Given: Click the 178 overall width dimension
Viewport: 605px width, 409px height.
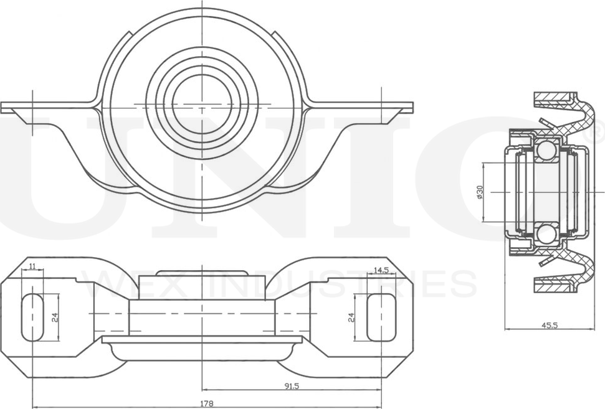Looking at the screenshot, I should pos(204,403).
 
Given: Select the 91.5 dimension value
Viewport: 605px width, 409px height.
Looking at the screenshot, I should pos(292,386).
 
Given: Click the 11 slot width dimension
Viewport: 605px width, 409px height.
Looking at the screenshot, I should pos(33,266).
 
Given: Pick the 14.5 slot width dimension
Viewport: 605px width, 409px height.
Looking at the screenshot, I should pos(381,270).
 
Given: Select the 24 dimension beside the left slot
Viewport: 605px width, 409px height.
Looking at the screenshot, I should pos(55,317).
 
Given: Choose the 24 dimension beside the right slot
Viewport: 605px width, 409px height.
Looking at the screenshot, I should pos(351,317).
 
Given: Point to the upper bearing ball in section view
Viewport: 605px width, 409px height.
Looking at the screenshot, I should pos(546,150).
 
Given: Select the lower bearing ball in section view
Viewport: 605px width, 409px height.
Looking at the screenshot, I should pos(546,233).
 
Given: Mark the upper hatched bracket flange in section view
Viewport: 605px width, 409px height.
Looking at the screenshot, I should pos(554,100).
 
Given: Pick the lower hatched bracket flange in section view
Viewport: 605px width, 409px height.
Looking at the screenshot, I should pos(554,285).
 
